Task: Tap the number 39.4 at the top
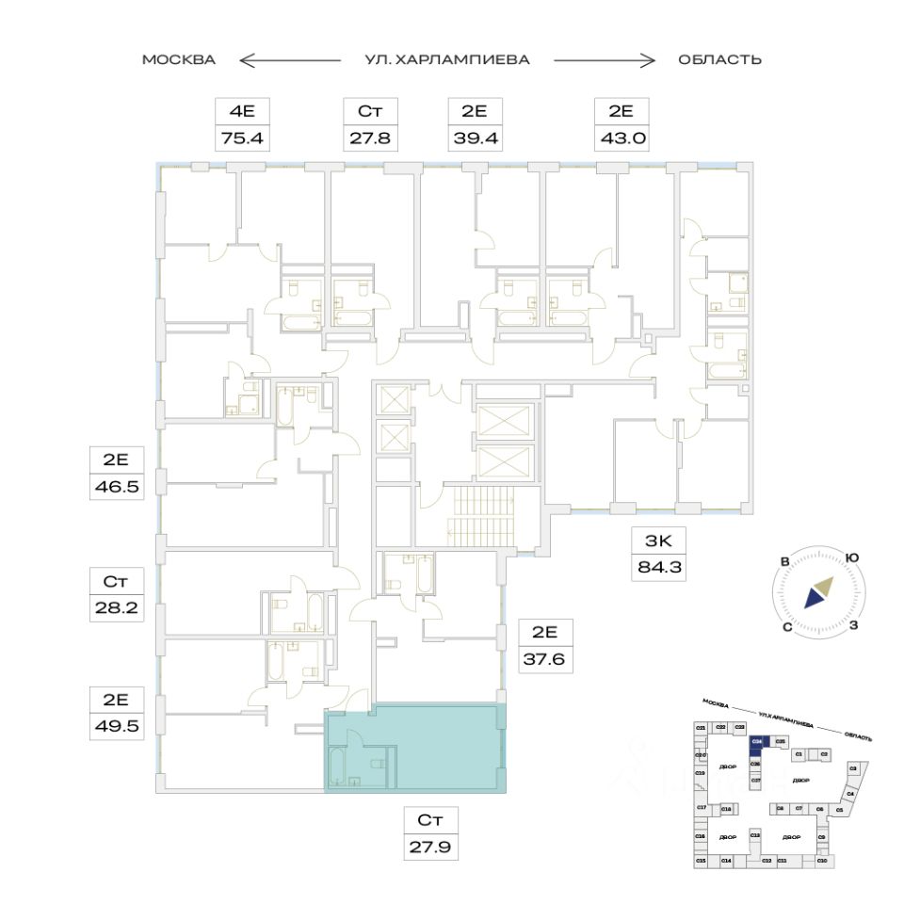474,140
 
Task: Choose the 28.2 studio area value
115,607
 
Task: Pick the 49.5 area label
115,727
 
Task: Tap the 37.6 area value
546,659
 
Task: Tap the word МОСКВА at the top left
179,60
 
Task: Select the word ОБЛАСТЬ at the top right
719,60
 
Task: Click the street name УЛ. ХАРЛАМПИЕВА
447,60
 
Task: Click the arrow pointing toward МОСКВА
289,60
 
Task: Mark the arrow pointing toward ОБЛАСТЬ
604,60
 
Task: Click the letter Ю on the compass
851,557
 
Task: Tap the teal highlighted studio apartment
443,749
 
